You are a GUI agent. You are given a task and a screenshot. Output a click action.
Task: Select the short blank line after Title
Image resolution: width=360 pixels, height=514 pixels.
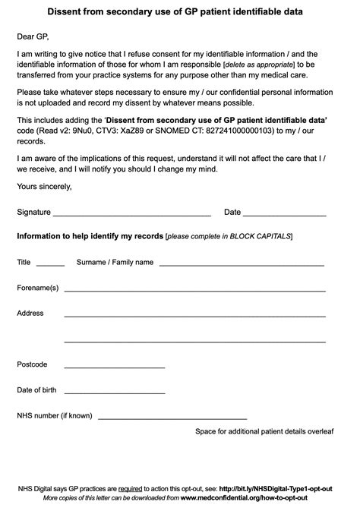50,266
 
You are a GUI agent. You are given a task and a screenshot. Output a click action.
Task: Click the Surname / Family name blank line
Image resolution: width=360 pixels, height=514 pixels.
242,266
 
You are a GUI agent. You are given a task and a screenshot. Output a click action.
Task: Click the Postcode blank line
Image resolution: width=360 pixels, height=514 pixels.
115,367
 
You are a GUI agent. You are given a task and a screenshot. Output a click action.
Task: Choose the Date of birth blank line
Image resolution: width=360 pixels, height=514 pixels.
115,393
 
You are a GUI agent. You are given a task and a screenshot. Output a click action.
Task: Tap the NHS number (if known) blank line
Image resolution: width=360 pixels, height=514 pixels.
172,419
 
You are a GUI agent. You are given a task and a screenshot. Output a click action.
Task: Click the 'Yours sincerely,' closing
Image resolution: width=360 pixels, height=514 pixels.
45,186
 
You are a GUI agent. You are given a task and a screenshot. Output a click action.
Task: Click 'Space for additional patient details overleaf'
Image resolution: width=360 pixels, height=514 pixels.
264,431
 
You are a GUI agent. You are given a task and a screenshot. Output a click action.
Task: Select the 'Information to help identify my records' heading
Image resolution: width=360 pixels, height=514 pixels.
90,237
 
